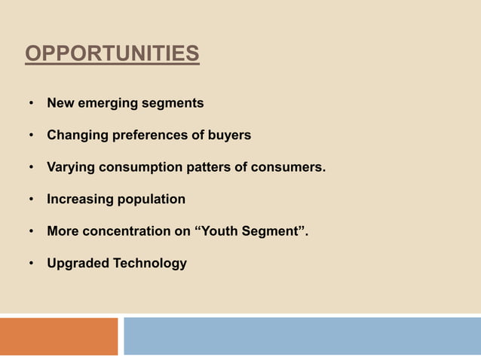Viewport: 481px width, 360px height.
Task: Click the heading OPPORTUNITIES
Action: [112, 55]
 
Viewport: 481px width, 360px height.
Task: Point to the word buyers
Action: [229, 136]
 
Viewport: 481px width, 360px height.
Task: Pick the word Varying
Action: [70, 167]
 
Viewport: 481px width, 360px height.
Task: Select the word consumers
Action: [289, 167]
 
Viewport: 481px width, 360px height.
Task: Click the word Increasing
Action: [79, 200]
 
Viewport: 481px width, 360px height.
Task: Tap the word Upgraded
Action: [77, 264]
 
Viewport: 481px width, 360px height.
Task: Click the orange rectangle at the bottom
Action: [59, 336]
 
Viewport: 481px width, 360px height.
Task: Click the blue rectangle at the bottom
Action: [302, 336]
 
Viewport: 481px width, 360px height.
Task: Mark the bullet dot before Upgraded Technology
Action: [31, 264]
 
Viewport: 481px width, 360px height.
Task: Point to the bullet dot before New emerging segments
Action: [31, 103]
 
